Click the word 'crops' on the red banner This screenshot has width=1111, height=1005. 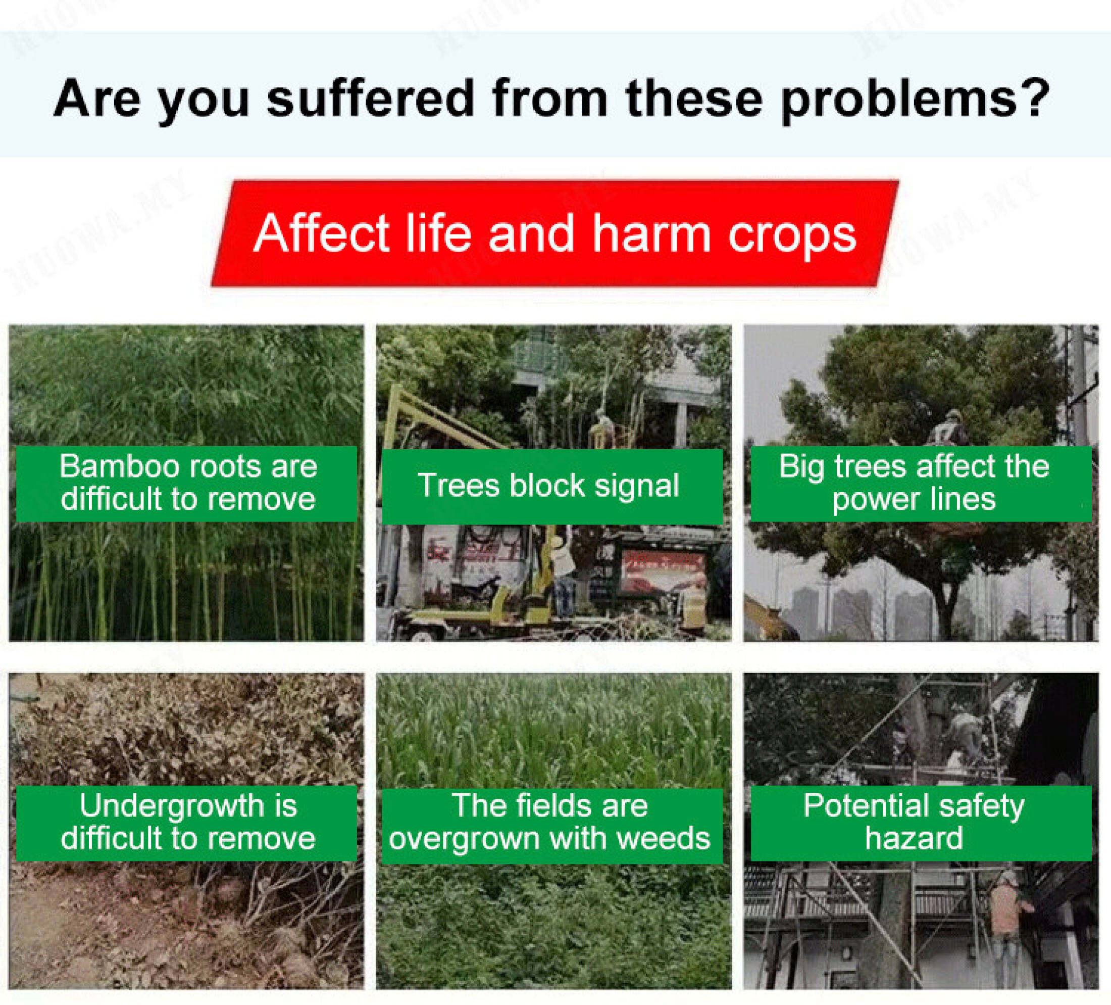click(792, 236)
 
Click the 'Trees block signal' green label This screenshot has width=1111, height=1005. click(551, 486)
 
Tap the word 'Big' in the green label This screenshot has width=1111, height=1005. click(801, 466)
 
